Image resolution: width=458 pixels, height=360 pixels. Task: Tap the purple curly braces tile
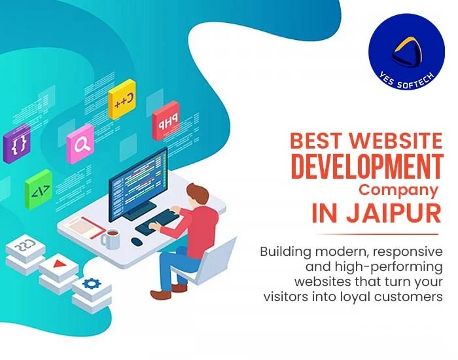click(17, 142)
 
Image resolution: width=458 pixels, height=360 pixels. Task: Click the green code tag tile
click(38, 189)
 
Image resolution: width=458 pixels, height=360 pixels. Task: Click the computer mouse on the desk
click(136, 241)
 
